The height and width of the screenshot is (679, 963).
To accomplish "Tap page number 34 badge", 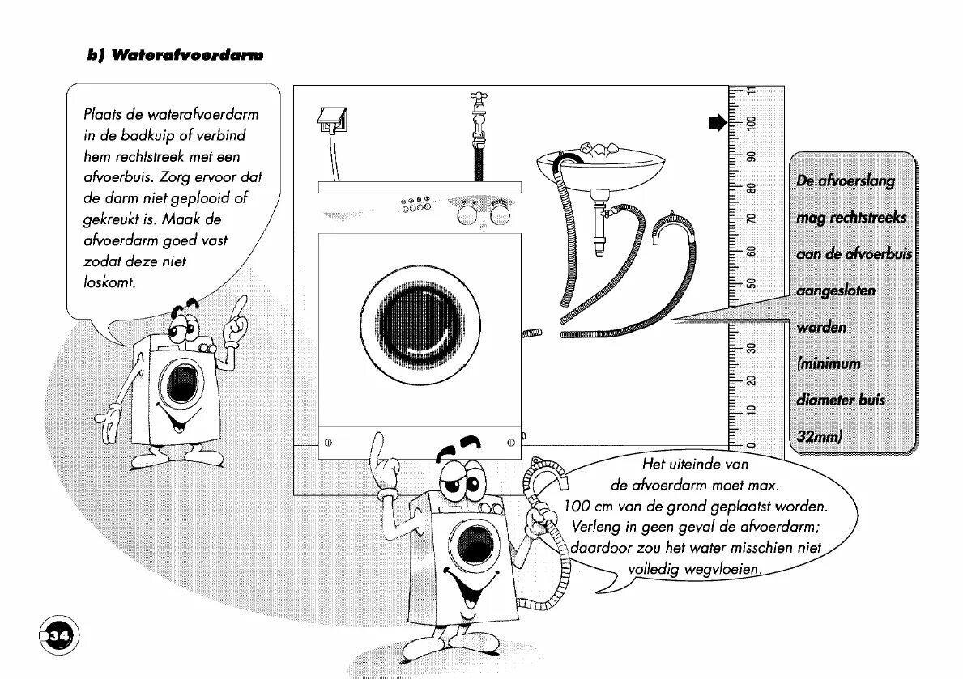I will coord(59,634).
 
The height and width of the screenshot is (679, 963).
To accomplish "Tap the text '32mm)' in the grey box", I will coord(820,436).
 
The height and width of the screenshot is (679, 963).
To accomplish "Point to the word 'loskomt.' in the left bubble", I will coord(109,282).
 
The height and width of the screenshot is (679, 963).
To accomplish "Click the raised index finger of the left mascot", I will coord(241,303).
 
